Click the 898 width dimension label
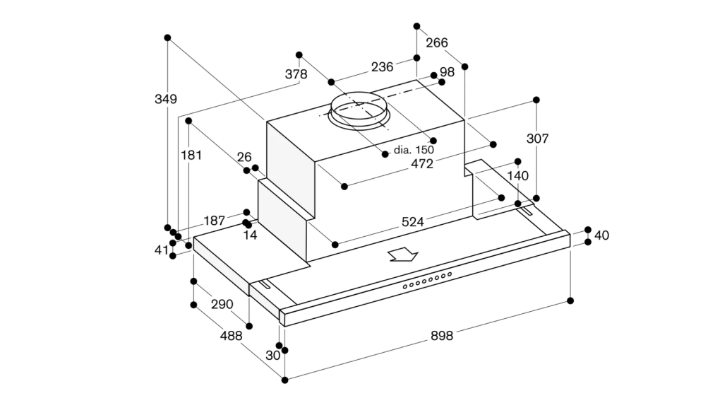[x=442, y=336]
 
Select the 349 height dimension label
[x=166, y=99]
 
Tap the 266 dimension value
[x=437, y=43]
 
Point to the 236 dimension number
[x=382, y=67]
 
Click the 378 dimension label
[x=296, y=74]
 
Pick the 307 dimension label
[x=537, y=139]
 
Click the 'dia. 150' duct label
[x=414, y=150]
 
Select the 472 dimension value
[x=422, y=164]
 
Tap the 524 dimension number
[x=413, y=222]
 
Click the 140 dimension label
[x=518, y=176]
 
